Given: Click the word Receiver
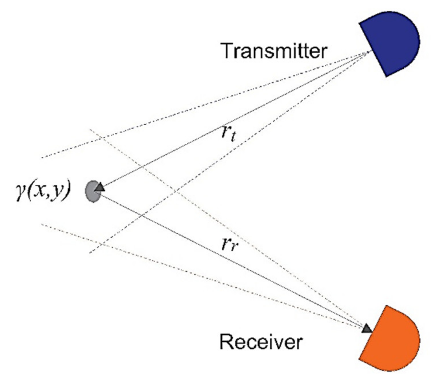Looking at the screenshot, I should click(261, 341).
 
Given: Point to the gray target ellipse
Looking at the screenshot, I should click(92, 192).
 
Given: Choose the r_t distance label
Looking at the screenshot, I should click(229, 133).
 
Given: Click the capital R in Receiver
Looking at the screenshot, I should click(226, 341).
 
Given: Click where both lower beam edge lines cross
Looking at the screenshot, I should click(100, 244).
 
